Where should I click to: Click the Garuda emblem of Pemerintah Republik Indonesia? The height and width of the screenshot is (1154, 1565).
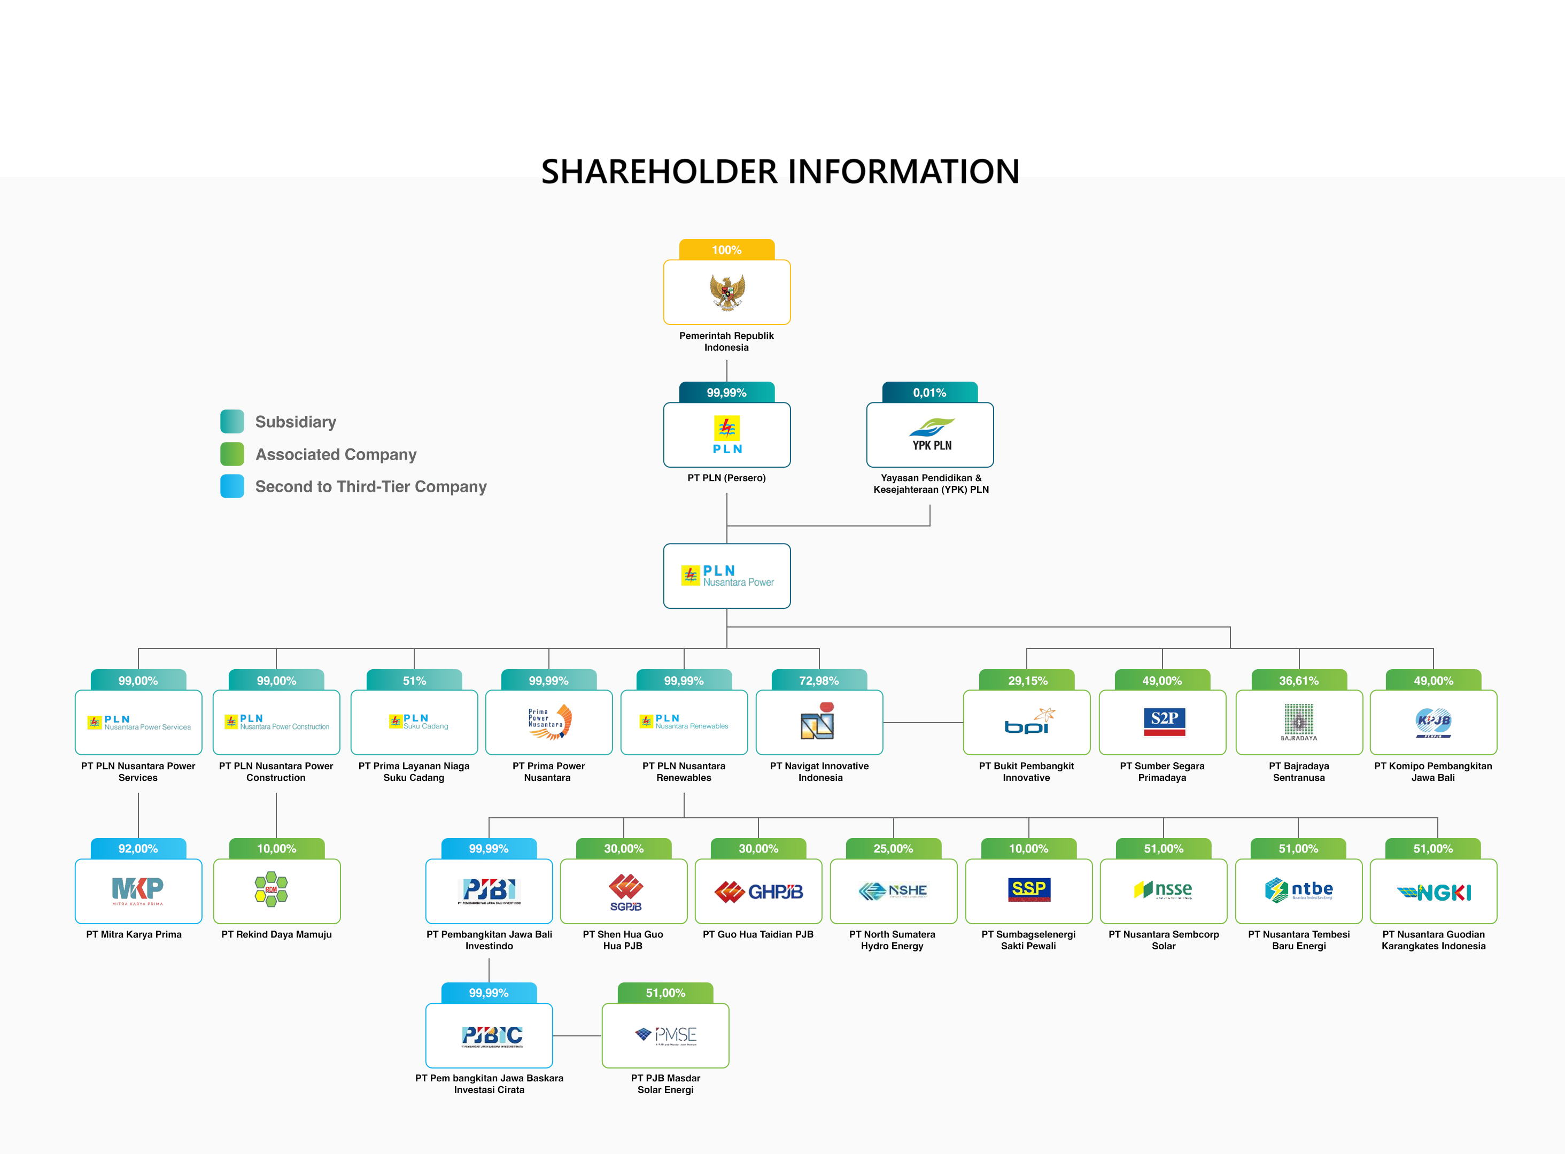click(726, 292)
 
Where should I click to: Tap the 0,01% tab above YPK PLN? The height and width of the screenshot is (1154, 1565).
click(929, 392)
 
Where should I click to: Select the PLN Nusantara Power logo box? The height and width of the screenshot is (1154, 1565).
click(726, 576)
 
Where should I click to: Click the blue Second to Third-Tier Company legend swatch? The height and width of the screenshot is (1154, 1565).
click(232, 486)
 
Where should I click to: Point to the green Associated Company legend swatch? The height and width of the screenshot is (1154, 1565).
click(232, 454)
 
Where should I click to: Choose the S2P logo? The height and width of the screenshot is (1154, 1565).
click(1164, 722)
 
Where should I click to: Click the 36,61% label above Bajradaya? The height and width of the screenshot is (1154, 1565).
click(1298, 680)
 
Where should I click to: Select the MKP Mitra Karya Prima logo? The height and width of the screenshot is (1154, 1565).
click(137, 890)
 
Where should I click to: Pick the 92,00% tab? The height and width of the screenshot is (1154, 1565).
click(137, 849)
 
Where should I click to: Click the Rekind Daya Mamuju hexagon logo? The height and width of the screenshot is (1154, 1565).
click(272, 889)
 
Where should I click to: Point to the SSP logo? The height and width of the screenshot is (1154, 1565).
click(1029, 890)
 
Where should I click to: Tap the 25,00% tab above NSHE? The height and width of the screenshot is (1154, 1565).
click(893, 849)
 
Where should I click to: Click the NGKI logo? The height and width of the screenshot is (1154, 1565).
click(1433, 892)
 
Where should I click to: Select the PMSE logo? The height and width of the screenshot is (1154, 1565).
click(665, 1035)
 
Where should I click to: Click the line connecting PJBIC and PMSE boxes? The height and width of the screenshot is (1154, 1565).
click(577, 1036)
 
